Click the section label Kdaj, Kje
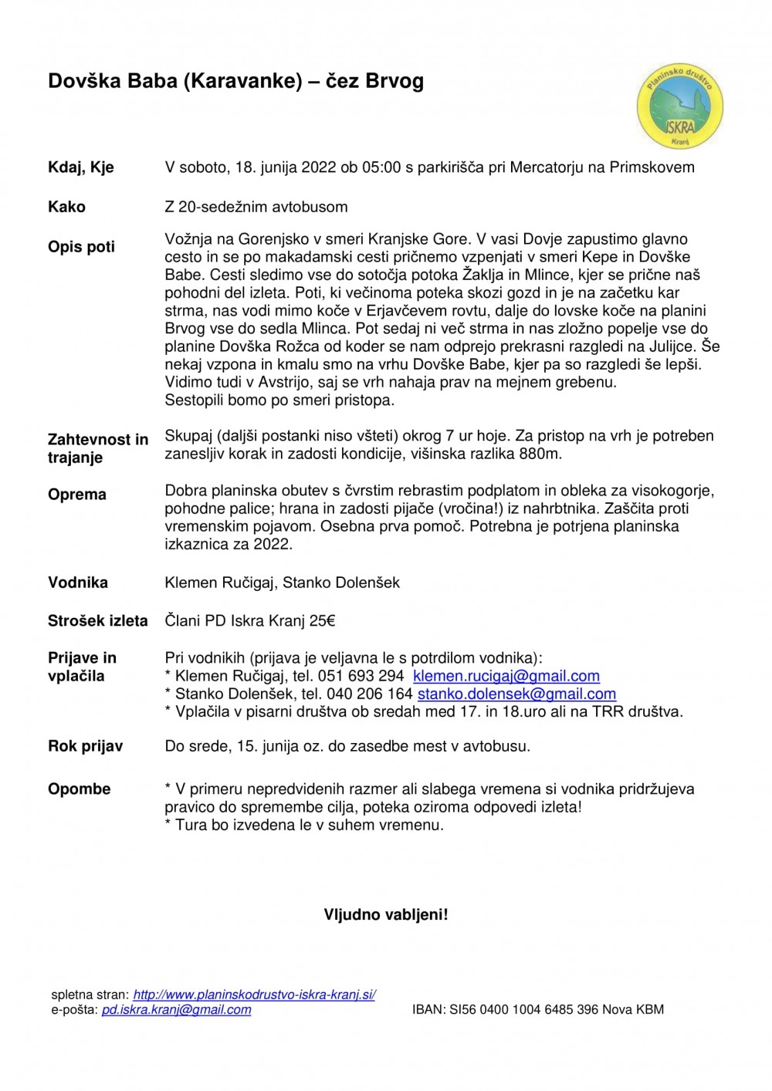coord(81,167)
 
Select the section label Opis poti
coord(81,247)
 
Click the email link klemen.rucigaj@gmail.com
coord(506,677)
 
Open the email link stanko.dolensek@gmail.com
coord(516,694)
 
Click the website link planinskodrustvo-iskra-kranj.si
coord(254,995)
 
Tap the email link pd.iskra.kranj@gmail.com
coord(176,1010)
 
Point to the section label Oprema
coord(77,495)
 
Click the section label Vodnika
coord(78,583)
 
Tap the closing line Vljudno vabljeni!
coord(386,915)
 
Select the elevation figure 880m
coord(540,454)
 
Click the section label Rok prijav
coord(86,747)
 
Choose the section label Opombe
coord(80,789)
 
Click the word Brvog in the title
coord(394,81)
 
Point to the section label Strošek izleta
coord(98,621)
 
